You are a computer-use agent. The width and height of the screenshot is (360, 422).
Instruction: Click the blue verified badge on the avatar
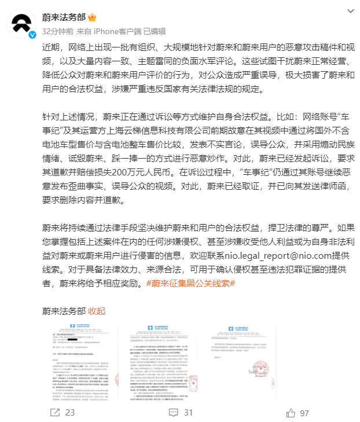[x=33, y=35]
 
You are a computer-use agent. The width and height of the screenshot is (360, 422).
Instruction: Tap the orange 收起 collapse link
[x=97, y=311]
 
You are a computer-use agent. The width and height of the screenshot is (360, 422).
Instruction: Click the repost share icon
[x=55, y=413]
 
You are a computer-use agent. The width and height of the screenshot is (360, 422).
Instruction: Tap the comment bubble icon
[x=174, y=413]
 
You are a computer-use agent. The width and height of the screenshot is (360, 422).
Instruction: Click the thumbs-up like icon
[x=290, y=413]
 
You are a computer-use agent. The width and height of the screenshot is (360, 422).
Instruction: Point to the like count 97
[x=304, y=413]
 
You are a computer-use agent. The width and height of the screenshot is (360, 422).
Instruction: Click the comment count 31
[x=188, y=413]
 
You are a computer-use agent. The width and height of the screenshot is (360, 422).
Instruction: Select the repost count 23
[x=70, y=413]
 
